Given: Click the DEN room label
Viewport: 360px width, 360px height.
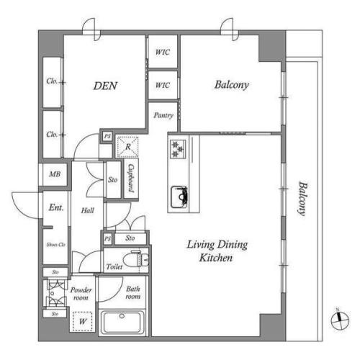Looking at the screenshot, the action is point(105,86).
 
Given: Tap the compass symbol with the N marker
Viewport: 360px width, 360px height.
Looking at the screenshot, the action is point(340,320).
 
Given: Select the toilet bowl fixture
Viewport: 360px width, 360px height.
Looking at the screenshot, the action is point(135,259).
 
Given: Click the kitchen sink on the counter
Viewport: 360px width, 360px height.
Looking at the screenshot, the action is point(179,197).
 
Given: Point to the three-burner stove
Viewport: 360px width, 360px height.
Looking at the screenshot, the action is point(178,149).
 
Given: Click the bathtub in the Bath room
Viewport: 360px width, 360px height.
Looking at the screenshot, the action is point(122,323).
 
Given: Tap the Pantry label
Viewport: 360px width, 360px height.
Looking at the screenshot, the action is point(163,115).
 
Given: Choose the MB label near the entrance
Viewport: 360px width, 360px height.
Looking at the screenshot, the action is point(55,174).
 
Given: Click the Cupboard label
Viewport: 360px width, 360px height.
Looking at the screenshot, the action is point(131,178).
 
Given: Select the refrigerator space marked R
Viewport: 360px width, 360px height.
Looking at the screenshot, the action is point(127,147).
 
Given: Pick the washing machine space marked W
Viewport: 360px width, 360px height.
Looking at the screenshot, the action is point(83,321).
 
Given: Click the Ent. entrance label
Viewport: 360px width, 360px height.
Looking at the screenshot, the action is point(56,207).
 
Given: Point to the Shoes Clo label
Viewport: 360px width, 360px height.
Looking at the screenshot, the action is point(56,245).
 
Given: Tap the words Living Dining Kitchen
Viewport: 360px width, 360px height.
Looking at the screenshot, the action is point(217,251).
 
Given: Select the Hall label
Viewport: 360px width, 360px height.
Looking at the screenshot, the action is point(87,210).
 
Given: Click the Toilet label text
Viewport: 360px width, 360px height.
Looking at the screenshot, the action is point(114,266).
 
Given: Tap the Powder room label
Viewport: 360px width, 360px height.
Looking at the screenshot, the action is point(81,294).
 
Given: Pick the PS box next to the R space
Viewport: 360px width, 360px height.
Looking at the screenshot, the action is point(107,136).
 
